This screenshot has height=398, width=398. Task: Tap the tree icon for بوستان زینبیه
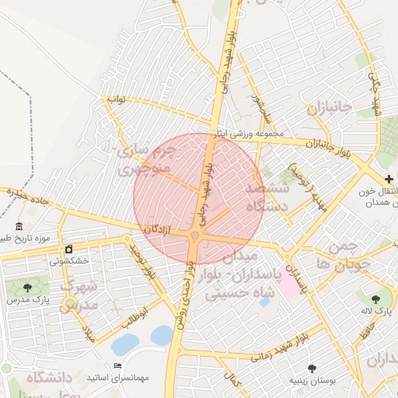tap(312, 368)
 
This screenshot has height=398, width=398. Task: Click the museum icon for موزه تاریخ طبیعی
tap(19, 226)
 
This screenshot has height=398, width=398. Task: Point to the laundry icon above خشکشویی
tap(68, 250)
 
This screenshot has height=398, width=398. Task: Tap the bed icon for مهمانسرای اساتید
tap(117, 365)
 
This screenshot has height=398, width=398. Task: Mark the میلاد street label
tap(88, 335)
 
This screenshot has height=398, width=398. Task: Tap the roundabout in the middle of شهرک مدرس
tap(71, 303)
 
